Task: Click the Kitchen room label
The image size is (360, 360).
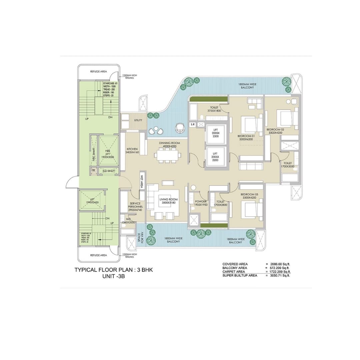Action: point(132,151)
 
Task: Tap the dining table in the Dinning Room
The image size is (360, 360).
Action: point(168,155)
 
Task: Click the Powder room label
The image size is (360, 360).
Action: point(201,203)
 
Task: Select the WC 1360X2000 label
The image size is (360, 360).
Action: point(128,221)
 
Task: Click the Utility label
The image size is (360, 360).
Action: point(138,120)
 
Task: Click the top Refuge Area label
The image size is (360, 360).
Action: point(98,71)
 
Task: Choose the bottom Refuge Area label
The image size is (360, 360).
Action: point(98,255)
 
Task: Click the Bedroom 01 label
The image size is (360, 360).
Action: point(246,138)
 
